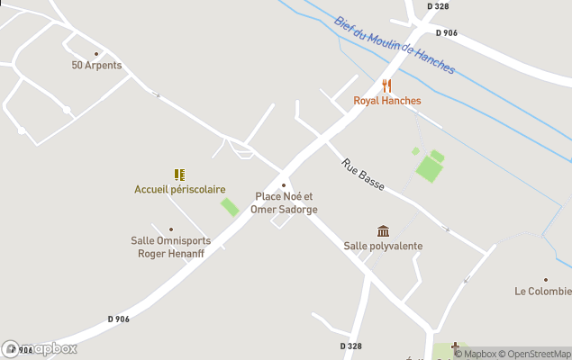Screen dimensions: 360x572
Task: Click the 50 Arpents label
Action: click(x=96, y=65)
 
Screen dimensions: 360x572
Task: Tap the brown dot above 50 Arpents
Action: click(x=96, y=53)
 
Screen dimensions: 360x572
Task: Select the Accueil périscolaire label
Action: click(x=179, y=189)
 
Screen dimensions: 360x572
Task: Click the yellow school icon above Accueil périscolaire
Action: click(x=179, y=175)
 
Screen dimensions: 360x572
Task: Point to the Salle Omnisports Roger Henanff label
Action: click(x=171, y=247)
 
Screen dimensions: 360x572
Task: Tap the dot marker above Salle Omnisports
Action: click(x=171, y=229)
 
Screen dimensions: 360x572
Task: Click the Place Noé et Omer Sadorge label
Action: click(x=284, y=202)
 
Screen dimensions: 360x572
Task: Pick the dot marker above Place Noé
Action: click(x=284, y=185)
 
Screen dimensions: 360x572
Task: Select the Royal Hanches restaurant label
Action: click(x=386, y=101)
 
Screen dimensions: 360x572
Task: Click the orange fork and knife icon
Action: click(x=387, y=85)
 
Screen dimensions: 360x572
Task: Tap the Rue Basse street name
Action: click(x=363, y=175)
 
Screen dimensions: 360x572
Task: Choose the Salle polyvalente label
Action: click(x=383, y=246)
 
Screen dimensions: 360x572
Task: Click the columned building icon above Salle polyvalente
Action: click(x=384, y=231)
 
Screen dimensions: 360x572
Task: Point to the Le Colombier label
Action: click(x=543, y=291)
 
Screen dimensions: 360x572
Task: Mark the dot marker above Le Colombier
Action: click(x=545, y=279)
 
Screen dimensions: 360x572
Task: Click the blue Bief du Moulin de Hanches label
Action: click(x=394, y=45)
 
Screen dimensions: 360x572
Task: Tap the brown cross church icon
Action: click(x=456, y=346)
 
